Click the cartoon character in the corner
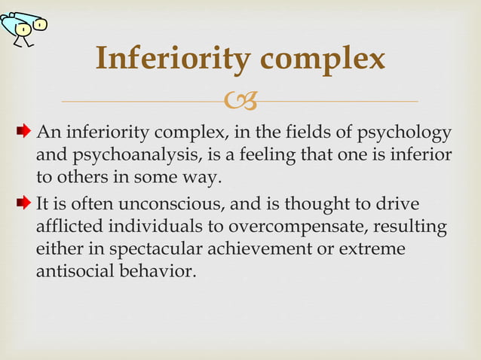[x=26, y=26]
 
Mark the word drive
[x=401, y=205]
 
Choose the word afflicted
[x=67, y=226]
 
